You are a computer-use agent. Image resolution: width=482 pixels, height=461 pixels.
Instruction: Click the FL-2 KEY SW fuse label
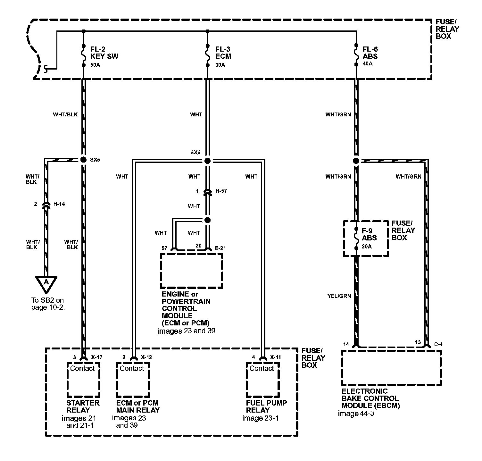(104, 53)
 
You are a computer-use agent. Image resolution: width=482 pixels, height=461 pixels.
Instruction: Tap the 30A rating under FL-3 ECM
(220, 65)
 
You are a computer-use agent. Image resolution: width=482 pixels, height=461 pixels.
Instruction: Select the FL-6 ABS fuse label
(370, 53)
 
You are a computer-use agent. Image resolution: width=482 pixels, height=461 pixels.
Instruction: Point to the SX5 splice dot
(83, 160)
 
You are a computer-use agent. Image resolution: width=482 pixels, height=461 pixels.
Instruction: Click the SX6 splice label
(195, 153)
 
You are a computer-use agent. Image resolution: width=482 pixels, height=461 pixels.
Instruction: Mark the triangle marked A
(46, 283)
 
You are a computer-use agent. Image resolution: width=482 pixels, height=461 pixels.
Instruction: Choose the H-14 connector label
(59, 204)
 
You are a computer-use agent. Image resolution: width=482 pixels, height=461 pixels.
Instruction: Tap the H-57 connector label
(221, 191)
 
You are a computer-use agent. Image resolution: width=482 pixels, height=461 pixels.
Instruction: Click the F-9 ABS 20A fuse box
(366, 238)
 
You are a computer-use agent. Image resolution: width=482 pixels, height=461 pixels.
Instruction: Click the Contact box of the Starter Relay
(83, 380)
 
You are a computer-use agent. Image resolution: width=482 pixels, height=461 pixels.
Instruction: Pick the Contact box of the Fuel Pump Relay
(262, 380)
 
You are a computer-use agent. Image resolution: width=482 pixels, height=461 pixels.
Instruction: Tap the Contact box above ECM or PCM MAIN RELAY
(132, 380)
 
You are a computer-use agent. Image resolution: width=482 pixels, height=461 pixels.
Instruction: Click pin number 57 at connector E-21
(165, 248)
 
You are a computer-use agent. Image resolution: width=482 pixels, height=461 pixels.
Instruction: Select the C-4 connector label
(438, 345)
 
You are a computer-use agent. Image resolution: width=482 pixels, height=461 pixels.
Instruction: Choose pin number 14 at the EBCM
(346, 345)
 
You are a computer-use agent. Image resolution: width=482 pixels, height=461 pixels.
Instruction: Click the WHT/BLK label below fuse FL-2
(65, 114)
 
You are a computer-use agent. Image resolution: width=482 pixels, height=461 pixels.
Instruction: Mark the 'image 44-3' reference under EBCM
(356, 414)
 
